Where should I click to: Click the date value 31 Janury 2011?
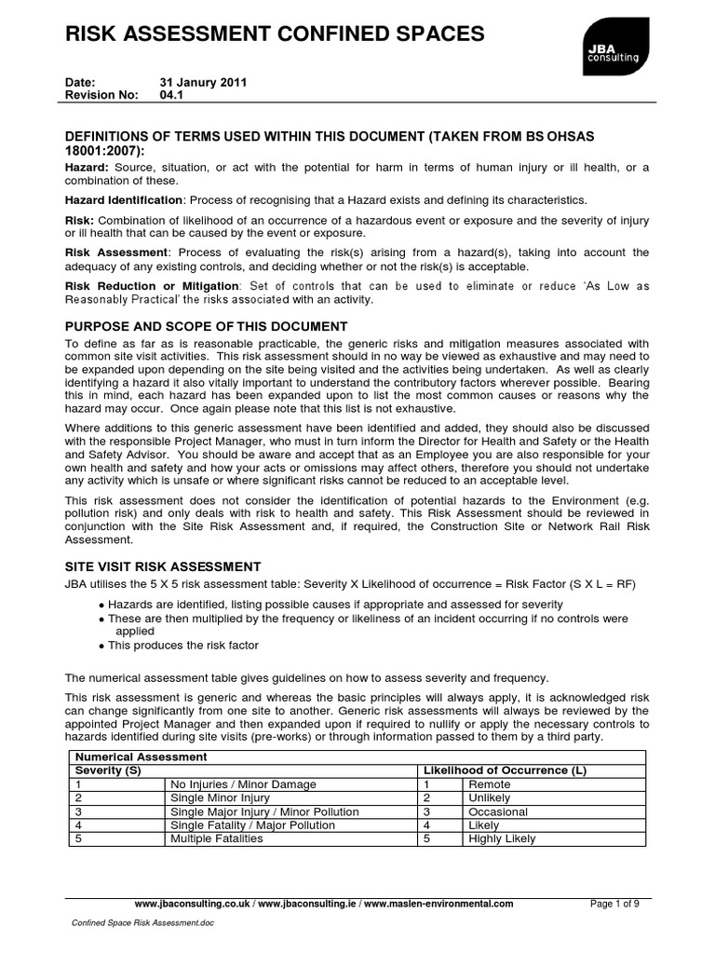203,82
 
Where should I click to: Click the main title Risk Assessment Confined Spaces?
274,35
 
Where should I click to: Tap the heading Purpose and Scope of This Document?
205,326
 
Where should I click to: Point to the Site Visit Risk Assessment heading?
163,566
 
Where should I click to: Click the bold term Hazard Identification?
123,200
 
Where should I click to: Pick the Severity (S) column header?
109,771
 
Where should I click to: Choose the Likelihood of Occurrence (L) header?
505,771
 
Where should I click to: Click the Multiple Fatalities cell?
217,838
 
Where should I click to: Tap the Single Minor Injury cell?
220,798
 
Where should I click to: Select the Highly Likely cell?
502,838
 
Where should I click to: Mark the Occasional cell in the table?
497,811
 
